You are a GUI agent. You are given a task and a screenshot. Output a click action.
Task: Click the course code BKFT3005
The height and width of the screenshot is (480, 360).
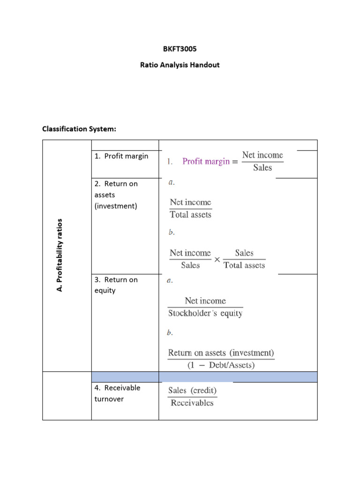[180, 48]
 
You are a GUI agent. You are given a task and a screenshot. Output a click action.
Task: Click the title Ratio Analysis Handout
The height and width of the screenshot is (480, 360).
[180, 65]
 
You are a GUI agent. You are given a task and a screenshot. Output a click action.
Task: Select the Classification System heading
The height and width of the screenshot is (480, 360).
[79, 128]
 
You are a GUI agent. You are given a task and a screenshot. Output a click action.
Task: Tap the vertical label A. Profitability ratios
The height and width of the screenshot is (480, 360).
[60, 255]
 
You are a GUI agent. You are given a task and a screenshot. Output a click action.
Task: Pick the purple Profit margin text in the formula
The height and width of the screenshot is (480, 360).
[206, 161]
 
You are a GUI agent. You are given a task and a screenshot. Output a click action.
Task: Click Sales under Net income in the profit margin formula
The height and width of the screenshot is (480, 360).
[262, 168]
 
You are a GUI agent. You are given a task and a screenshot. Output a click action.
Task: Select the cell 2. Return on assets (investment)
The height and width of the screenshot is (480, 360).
[116, 195]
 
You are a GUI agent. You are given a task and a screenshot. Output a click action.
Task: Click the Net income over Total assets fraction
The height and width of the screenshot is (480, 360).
[190, 209]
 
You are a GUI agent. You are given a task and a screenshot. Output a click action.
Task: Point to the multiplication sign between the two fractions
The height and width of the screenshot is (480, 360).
[217, 259]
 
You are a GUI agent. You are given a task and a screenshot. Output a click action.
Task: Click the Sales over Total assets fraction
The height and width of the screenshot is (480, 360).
[244, 259]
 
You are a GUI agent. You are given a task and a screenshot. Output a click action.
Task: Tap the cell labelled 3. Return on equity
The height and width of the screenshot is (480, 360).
[116, 285]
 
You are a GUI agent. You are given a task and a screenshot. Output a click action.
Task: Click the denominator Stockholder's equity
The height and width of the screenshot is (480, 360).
[205, 313]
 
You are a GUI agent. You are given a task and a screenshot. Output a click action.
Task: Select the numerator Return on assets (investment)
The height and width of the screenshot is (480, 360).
[221, 353]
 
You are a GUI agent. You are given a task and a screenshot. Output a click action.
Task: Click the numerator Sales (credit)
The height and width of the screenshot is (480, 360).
[192, 390]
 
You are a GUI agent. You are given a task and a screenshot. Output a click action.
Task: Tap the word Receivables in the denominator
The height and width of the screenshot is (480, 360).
[192, 403]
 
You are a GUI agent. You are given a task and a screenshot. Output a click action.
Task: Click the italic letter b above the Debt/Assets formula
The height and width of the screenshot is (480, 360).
[170, 333]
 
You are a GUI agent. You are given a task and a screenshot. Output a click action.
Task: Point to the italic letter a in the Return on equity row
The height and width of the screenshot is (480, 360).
[170, 281]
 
